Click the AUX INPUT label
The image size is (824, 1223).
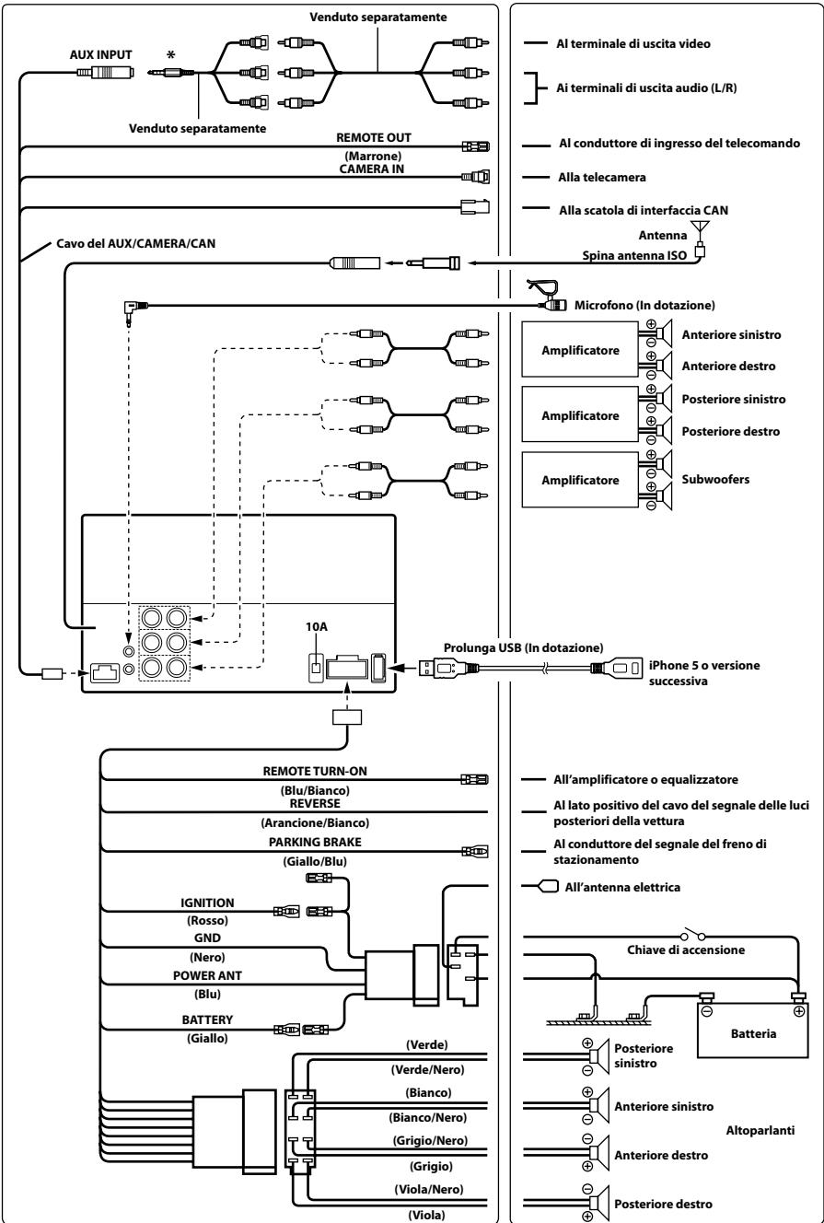pyautogui.click(x=100, y=54)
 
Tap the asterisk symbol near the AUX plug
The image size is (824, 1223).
pyautogui.click(x=171, y=55)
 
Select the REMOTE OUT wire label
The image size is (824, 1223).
pyautogui.click(x=373, y=137)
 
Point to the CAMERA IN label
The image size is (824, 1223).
pyautogui.click(x=372, y=169)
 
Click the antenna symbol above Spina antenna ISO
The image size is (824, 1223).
pyautogui.click(x=700, y=228)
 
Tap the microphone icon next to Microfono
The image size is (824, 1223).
pyautogui.click(x=546, y=296)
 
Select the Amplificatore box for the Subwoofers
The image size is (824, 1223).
pyautogui.click(x=579, y=480)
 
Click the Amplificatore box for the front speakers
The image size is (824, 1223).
pyautogui.click(x=579, y=349)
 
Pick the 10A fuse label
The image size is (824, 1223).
pyautogui.click(x=317, y=627)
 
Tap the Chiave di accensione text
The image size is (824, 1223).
pyautogui.click(x=685, y=949)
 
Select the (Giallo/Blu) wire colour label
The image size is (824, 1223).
pyautogui.click(x=315, y=862)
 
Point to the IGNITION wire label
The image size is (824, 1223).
pyautogui.click(x=207, y=903)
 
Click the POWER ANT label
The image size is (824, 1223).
pyautogui.click(x=207, y=975)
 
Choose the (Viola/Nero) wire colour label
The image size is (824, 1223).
pyautogui.click(x=428, y=1189)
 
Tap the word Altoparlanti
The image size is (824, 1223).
pyautogui.click(x=760, y=1130)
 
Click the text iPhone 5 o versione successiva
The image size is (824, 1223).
pyautogui.click(x=704, y=672)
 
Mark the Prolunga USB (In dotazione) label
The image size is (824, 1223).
pyautogui.click(x=523, y=647)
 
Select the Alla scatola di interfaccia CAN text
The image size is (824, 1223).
pyautogui.click(x=644, y=210)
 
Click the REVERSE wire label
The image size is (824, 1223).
pyautogui.click(x=315, y=803)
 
